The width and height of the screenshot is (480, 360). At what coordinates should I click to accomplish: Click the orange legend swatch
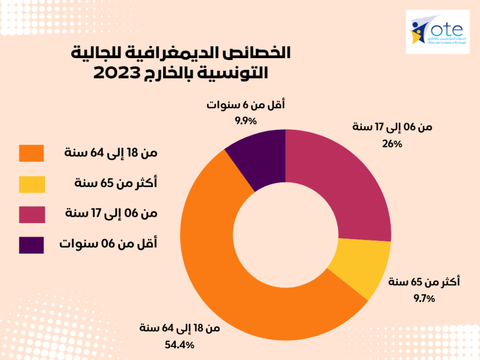tap(32, 153)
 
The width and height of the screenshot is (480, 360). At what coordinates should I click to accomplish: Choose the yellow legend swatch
tap(32, 184)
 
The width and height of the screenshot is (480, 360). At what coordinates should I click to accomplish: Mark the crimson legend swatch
tap(32, 214)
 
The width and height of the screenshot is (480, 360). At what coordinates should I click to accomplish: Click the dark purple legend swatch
tap(32, 245)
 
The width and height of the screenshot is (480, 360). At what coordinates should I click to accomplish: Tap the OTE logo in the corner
tap(438, 31)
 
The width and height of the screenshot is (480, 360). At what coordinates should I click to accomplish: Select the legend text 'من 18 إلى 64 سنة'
tap(111, 153)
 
